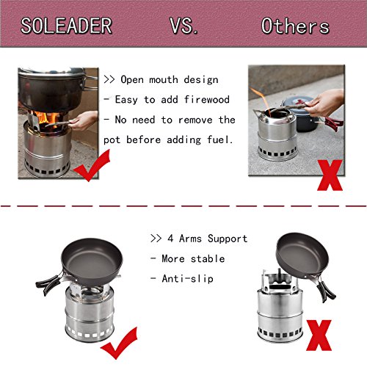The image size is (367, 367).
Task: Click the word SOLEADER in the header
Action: click(66, 26)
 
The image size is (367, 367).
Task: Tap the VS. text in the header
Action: click(183, 26)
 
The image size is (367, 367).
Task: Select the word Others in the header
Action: click(295, 26)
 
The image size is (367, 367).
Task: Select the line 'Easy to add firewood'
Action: click(168, 99)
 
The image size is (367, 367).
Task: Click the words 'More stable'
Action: click(190, 258)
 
